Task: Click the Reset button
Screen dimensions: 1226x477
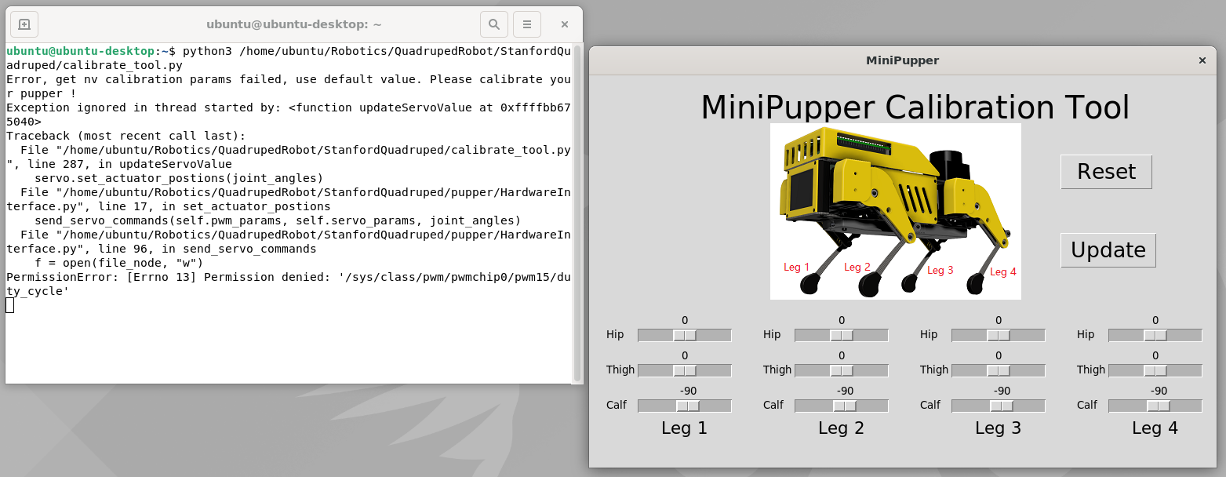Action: click(1106, 172)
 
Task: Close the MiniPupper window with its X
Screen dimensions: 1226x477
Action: click(1202, 60)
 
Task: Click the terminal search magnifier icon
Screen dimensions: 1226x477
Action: click(493, 24)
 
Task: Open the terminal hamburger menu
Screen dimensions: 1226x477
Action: click(527, 24)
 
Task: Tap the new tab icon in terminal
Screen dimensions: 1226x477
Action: click(24, 24)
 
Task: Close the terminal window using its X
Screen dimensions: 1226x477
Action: click(565, 24)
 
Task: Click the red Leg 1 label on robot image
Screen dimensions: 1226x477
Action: click(796, 268)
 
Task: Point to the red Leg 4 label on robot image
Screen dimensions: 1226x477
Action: click(1003, 271)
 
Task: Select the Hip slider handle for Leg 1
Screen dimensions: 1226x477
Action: click(685, 335)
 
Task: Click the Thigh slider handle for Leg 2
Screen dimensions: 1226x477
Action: click(841, 371)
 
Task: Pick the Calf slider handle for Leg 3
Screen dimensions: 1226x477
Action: click(1002, 406)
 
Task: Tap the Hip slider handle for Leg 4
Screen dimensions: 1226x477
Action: click(1155, 335)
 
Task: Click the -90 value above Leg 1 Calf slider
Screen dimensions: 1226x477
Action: click(688, 391)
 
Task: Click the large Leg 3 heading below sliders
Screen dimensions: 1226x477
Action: click(999, 428)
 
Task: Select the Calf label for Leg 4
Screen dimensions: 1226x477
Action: click(1087, 406)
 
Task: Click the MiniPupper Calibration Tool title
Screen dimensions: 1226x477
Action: click(915, 107)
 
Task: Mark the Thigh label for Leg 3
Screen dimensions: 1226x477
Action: click(933, 370)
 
